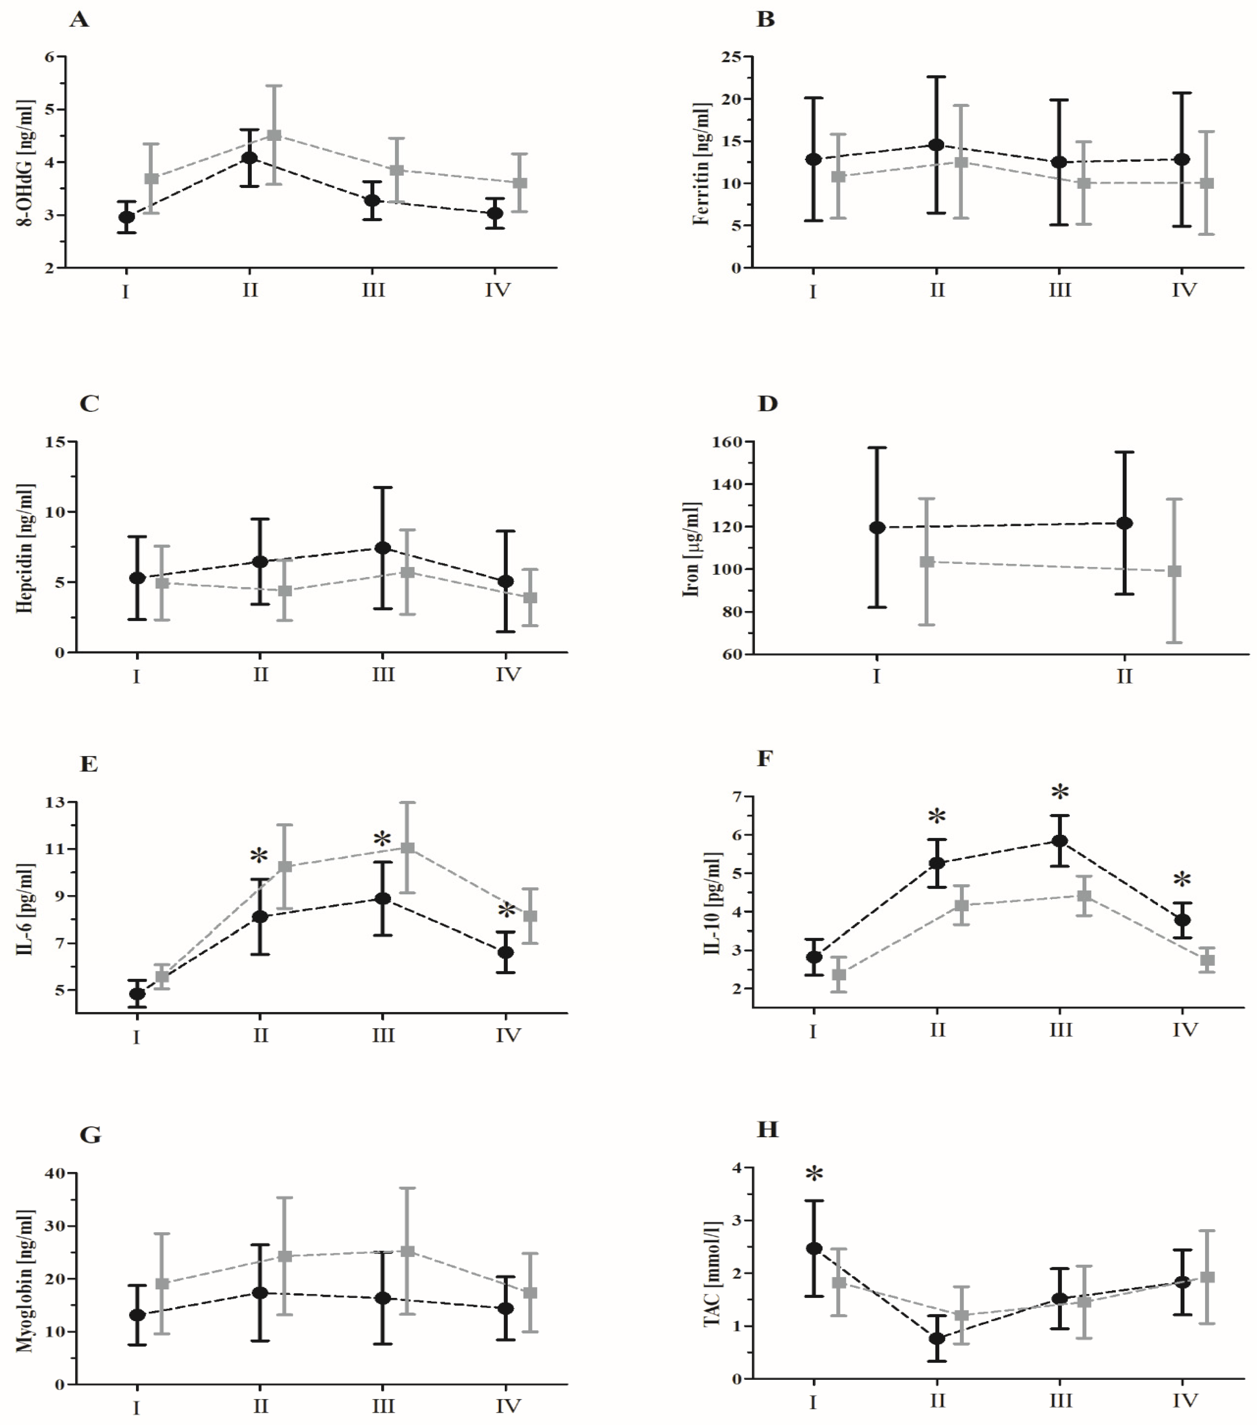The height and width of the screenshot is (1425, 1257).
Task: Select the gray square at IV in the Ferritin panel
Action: [x=1207, y=183]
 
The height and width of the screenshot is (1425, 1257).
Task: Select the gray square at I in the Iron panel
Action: [x=927, y=561]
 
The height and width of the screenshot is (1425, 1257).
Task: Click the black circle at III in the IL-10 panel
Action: [x=1060, y=841]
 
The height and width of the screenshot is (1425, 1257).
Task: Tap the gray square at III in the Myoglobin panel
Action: [x=408, y=1252]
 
